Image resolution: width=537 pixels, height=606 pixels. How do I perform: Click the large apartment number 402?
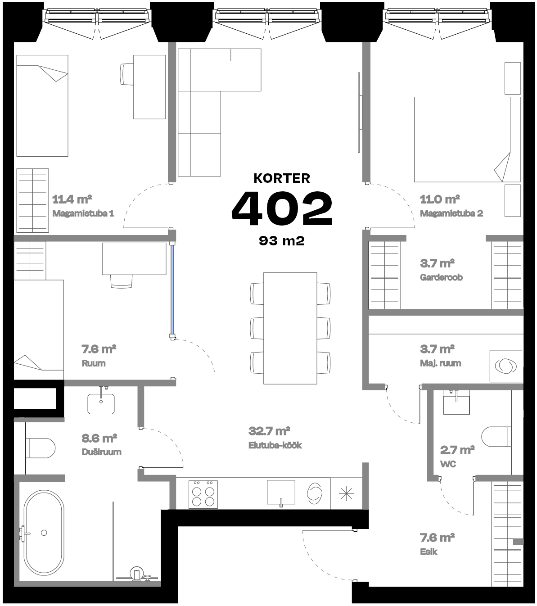(282, 208)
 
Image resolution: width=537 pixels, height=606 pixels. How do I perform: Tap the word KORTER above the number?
(282, 178)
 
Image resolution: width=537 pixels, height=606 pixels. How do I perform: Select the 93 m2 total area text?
(282, 241)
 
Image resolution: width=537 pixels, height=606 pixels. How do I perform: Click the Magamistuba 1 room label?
(83, 213)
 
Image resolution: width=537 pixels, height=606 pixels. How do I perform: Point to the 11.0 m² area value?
(439, 199)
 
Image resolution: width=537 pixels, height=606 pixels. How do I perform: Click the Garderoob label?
(441, 277)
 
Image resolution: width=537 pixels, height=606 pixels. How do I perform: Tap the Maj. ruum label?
(440, 363)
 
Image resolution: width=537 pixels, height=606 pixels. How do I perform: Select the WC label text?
(448, 464)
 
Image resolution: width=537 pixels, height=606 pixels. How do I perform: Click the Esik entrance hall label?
(429, 552)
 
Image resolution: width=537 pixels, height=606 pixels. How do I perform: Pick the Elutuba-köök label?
(275, 446)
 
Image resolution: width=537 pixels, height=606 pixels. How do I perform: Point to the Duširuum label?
(101, 452)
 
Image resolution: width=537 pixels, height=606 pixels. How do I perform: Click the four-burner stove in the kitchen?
(203, 494)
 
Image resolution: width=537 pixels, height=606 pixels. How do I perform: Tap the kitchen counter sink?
(281, 493)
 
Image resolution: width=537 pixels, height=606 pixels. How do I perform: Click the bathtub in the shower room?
(43, 533)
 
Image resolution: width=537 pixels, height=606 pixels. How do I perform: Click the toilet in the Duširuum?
(41, 448)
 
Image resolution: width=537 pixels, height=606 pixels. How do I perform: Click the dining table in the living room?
(290, 328)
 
